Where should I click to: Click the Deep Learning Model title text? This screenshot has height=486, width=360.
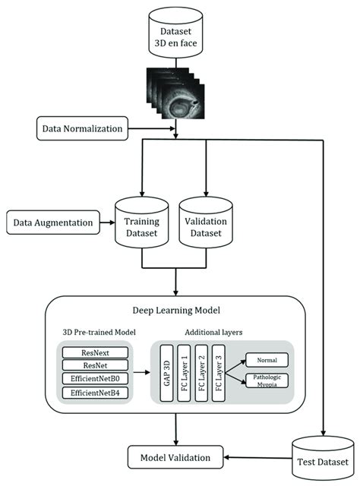(175, 310)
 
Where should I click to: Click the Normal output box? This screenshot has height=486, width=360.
(265, 361)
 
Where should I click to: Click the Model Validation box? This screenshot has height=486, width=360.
(175, 457)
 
